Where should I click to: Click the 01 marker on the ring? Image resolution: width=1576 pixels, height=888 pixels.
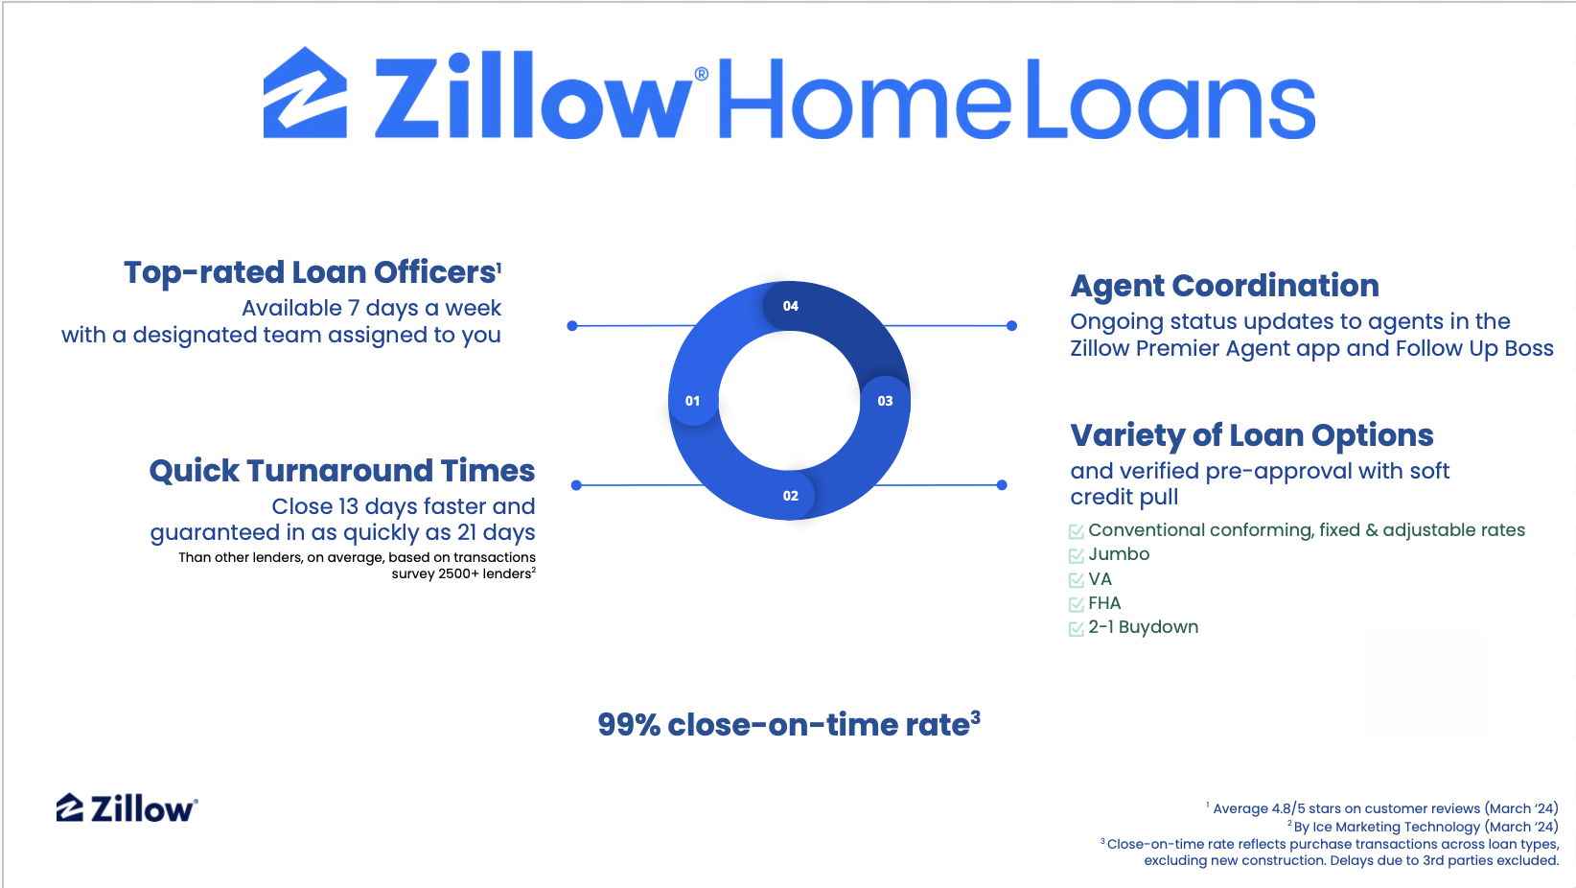click(692, 401)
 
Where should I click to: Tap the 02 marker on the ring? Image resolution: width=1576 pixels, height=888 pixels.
click(790, 496)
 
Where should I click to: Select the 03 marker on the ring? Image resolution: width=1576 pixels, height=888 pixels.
click(885, 401)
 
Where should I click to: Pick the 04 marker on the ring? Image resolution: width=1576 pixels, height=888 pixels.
click(790, 305)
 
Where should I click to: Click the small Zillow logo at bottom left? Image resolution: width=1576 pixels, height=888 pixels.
click(127, 808)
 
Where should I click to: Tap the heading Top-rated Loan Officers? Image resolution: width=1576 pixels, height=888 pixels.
click(313, 273)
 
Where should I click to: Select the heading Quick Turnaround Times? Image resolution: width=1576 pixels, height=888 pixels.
click(342, 471)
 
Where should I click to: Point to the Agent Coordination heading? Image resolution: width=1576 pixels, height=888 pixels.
click(1224, 286)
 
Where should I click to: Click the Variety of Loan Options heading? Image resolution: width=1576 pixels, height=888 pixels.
click(1252, 435)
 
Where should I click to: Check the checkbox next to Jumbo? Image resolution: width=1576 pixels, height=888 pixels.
click(1076, 556)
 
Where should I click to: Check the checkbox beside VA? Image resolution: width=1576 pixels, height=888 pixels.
click(1076, 580)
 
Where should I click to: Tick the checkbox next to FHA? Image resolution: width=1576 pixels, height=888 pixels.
click(1076, 604)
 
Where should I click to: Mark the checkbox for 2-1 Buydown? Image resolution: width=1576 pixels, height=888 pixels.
click(1076, 628)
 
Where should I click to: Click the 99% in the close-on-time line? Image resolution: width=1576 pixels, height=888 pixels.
click(628, 726)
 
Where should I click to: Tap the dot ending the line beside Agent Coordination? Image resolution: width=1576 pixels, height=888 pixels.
click(1011, 326)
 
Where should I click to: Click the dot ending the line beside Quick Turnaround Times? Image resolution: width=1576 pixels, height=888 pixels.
click(576, 485)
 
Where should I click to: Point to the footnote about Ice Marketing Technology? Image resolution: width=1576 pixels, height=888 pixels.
click(1423, 827)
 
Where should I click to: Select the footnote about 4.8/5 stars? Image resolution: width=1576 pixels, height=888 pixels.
click(1382, 808)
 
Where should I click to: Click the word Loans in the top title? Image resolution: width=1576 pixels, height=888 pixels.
click(1170, 99)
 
